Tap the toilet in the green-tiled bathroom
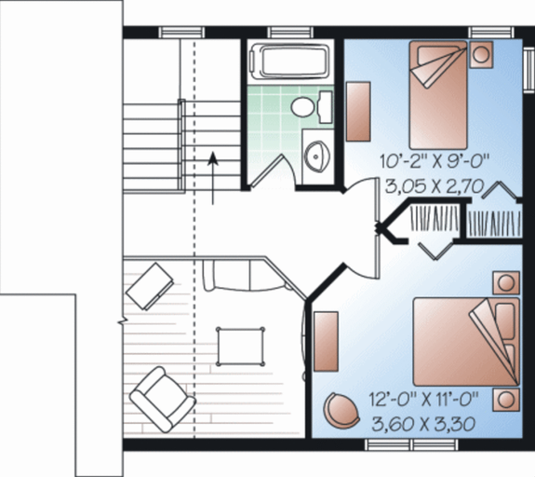coord(305,106)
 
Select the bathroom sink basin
coord(318,157)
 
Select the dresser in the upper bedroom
coord(360,111)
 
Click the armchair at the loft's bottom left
coord(161,398)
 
